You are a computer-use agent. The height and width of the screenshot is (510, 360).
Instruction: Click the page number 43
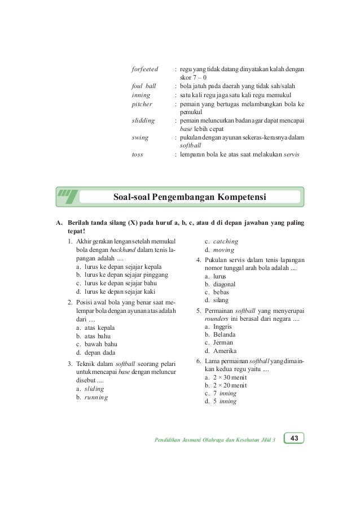294,438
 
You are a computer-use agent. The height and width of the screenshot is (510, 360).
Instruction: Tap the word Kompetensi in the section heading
235,197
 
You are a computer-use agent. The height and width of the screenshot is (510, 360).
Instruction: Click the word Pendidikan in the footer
169,439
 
